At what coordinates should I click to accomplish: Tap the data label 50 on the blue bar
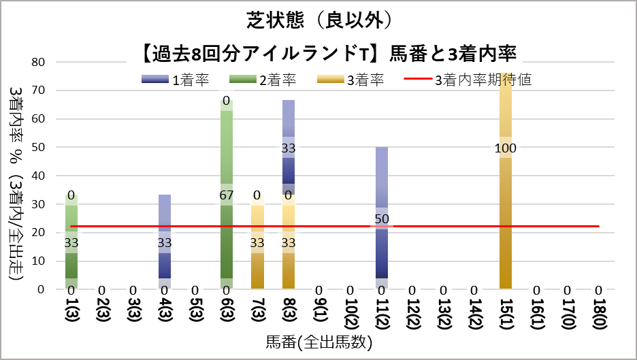[x=381, y=219]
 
